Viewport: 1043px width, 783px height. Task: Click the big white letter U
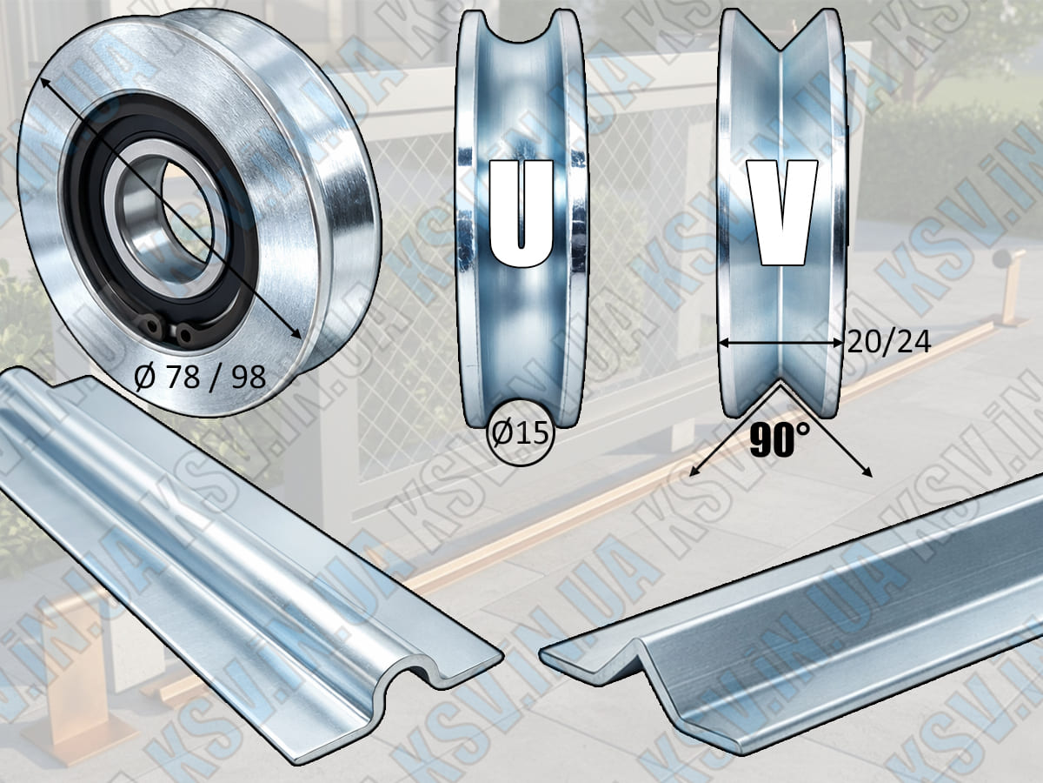click(x=521, y=213)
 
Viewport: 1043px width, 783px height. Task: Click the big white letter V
click(x=781, y=212)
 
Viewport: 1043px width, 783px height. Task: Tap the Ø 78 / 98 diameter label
click(x=200, y=378)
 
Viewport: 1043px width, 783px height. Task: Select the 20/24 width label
click(x=888, y=342)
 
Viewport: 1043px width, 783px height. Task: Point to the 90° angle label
click(x=780, y=439)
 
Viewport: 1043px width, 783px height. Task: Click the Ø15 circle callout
click(x=521, y=432)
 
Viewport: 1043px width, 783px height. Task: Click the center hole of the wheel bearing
click(x=186, y=212)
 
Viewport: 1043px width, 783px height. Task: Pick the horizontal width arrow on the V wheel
click(x=781, y=342)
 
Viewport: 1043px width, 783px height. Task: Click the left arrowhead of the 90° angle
click(x=694, y=472)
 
